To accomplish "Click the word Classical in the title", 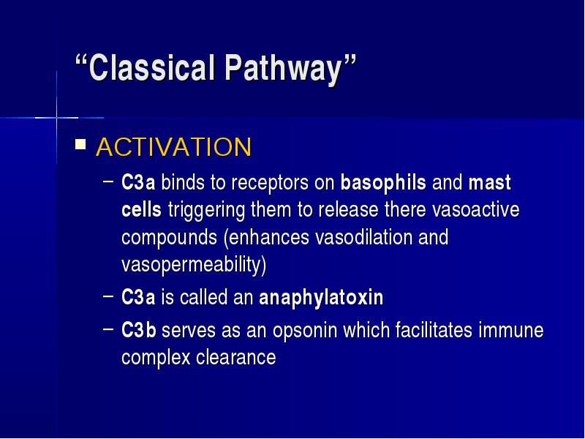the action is click(151, 67).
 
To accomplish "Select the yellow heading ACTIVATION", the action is click(174, 147).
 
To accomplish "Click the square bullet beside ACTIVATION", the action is click(80, 144).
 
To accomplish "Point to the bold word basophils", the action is click(383, 183).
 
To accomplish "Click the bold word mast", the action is click(489, 183).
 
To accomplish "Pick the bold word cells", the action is click(141, 209).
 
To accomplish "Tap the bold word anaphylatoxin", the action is click(321, 298).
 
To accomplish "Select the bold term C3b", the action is click(139, 330).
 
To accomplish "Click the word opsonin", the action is click(305, 331).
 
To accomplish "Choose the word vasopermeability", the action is click(194, 265).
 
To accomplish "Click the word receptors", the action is click(269, 184).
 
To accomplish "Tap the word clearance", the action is click(235, 358).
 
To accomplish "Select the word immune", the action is click(510, 331).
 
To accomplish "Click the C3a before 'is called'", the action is click(138, 298).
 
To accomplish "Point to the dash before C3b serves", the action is click(107, 329).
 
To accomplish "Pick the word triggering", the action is click(206, 211).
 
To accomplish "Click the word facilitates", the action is click(434, 330).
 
